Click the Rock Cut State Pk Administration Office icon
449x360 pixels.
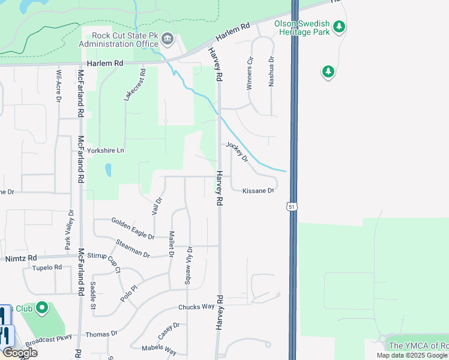[x=167, y=40]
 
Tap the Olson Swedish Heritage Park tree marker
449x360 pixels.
[x=339, y=26]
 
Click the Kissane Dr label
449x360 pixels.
[x=258, y=191]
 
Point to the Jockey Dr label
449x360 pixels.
[x=237, y=152]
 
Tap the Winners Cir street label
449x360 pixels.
[x=250, y=73]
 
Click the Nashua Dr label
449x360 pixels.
[x=271, y=72]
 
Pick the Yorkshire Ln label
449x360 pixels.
[x=105, y=151]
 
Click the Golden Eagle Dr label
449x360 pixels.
[x=133, y=228]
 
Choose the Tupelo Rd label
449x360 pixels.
[x=47, y=268]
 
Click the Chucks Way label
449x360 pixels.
[x=196, y=307]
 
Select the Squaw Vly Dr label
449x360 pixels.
[x=190, y=266]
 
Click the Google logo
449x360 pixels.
[x=20, y=353]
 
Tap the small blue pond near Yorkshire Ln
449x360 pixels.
[x=107, y=170]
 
